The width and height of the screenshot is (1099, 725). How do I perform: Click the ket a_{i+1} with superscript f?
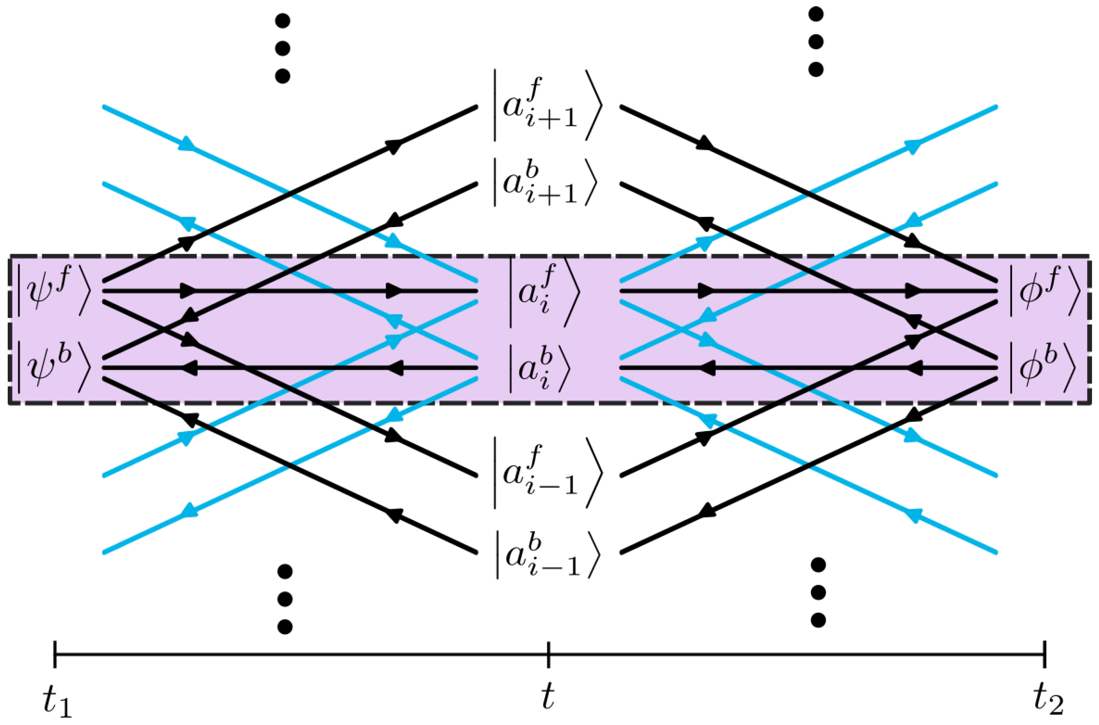pyautogui.click(x=547, y=105)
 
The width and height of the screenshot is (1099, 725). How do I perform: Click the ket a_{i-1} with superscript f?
pyautogui.click(x=547, y=474)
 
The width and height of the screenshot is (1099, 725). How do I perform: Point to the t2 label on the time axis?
pyautogui.click(x=1048, y=700)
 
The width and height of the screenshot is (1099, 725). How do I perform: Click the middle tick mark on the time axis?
pyautogui.click(x=548, y=655)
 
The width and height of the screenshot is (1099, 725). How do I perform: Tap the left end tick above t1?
pyautogui.click(x=55, y=655)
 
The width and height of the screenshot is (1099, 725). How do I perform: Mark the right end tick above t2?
pyautogui.click(x=1045, y=655)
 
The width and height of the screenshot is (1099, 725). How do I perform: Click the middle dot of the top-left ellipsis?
pyautogui.click(x=282, y=48)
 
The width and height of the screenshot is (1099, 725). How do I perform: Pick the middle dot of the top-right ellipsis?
pyautogui.click(x=816, y=42)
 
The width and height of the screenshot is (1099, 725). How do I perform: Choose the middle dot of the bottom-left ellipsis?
pyautogui.click(x=285, y=599)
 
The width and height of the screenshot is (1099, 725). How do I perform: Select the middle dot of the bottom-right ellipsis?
pyautogui.click(x=818, y=592)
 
